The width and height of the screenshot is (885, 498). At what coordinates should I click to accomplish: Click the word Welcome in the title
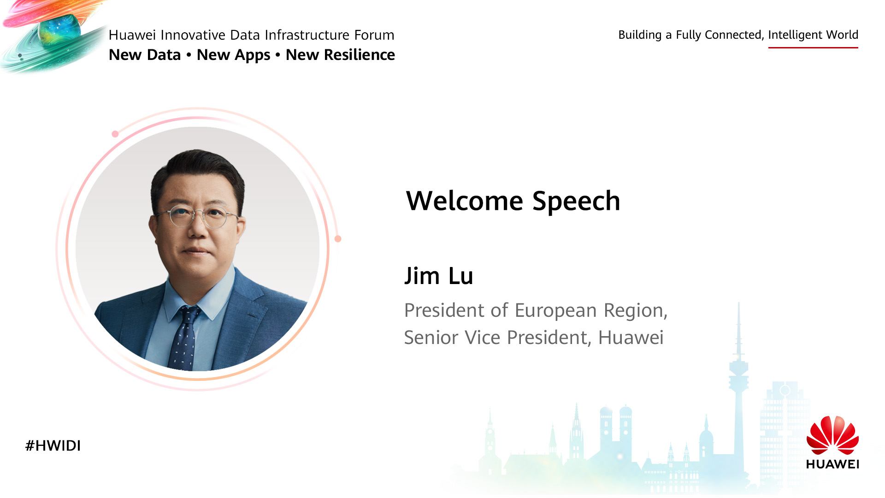(464, 201)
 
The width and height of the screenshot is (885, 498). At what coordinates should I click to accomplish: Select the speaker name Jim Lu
(439, 276)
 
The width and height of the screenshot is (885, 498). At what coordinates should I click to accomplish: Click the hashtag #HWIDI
(53, 445)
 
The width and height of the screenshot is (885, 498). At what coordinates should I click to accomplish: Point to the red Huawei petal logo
(832, 435)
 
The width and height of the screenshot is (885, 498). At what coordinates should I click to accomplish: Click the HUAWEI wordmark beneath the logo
(832, 464)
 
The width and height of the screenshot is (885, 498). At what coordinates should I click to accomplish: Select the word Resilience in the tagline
(360, 55)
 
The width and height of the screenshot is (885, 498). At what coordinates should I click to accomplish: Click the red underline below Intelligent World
(813, 47)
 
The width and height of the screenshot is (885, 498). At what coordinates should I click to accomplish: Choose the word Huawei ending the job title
(631, 338)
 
